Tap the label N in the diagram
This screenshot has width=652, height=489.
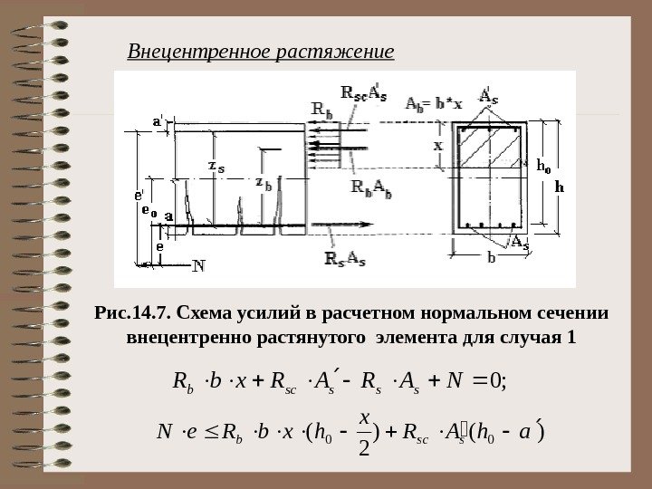(x=199, y=266)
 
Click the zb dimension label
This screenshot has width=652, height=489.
(x=264, y=184)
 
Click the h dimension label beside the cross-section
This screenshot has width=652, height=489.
(x=559, y=187)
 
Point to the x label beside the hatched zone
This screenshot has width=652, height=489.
(x=437, y=144)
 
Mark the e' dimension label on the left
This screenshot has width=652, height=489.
(x=139, y=195)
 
